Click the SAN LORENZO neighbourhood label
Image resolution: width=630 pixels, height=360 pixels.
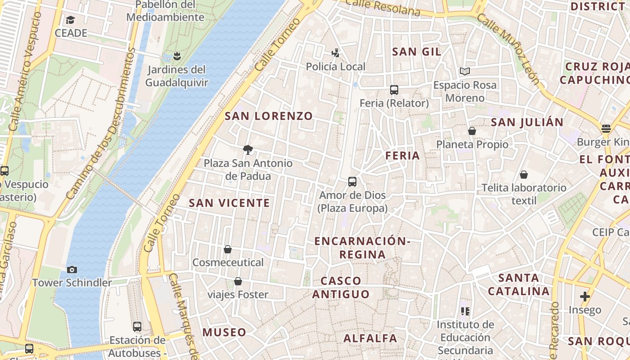click(x=269, y=116)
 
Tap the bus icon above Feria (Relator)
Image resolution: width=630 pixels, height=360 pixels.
click(x=394, y=90)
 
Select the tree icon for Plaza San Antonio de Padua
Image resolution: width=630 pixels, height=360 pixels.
click(x=247, y=150)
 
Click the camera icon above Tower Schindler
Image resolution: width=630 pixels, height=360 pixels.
click(x=72, y=270)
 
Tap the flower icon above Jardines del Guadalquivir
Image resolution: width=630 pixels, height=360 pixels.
click(x=177, y=56)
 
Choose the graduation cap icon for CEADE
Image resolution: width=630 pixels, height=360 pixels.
click(x=71, y=20)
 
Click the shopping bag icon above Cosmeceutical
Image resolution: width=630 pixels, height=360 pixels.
click(x=228, y=249)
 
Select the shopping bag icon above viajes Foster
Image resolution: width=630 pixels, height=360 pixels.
click(x=238, y=282)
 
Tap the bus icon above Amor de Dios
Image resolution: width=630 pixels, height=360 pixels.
click(x=352, y=182)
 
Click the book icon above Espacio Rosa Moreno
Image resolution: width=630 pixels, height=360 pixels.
click(x=465, y=72)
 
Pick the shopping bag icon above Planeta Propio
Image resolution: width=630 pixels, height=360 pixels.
click(x=472, y=131)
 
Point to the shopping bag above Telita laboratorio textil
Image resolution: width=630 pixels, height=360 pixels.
click(x=524, y=175)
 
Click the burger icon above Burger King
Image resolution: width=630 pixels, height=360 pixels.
click(x=606, y=129)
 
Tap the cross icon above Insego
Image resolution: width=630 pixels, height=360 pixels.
click(x=585, y=297)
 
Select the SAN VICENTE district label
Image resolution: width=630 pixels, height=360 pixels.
click(x=229, y=203)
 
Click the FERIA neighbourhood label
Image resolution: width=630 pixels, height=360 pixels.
click(x=402, y=156)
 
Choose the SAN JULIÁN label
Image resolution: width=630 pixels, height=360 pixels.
click(x=527, y=122)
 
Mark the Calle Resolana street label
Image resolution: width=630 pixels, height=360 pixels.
click(x=383, y=8)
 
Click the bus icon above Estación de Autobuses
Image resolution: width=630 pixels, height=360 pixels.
click(x=137, y=327)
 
